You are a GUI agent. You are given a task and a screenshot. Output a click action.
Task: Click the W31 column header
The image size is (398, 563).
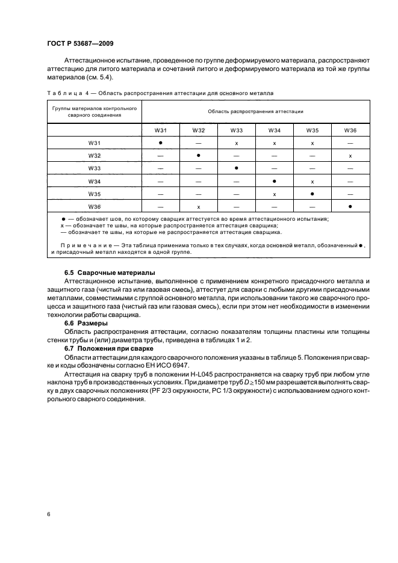pos(161,130)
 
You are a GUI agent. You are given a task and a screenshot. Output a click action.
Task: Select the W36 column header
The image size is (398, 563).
pos(350,130)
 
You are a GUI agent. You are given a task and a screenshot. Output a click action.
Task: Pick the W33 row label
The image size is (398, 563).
pos(94,168)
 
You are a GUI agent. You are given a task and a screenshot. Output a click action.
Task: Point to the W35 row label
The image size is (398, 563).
pos(94,194)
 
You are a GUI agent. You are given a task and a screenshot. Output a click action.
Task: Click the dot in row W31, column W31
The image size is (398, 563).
pos(161,143)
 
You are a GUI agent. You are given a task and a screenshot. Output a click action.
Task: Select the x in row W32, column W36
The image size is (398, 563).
pos(350,156)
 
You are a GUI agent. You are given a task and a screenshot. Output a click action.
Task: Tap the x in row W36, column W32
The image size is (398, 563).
pos(198,207)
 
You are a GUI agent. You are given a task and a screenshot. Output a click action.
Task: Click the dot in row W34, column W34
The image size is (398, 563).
pos(275,181)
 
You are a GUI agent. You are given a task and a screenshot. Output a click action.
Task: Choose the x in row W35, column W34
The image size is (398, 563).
pos(275,194)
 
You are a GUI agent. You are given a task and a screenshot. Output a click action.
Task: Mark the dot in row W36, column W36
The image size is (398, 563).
pos(350,207)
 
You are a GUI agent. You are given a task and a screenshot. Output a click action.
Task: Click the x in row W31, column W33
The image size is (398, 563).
pos(237,143)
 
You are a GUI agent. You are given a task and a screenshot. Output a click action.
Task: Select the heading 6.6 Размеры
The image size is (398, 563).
pos(86,323)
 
